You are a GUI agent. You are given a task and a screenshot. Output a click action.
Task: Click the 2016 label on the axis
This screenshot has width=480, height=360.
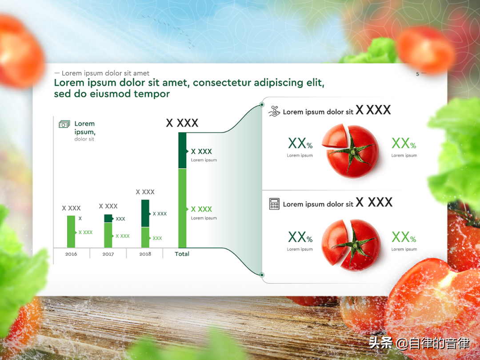71,254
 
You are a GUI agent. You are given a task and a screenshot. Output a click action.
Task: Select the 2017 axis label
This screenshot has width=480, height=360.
108,254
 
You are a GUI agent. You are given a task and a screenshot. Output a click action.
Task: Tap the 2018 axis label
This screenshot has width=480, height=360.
145,254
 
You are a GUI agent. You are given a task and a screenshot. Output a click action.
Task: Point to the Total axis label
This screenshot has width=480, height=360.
182,254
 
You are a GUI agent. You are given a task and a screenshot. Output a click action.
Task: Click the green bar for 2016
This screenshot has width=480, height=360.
71,232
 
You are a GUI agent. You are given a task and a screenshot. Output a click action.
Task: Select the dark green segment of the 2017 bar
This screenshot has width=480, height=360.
108,219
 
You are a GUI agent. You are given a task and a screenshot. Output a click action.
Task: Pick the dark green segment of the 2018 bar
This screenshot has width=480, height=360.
145,213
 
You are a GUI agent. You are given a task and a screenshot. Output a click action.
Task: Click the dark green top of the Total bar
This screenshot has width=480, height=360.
182,150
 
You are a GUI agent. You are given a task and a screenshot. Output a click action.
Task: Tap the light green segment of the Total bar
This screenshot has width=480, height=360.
182,208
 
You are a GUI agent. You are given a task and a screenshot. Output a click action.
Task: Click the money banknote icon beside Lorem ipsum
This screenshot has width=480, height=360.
64,124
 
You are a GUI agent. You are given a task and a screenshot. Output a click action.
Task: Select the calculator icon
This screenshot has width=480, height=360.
274,204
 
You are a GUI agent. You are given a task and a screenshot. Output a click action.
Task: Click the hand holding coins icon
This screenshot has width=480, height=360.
274,111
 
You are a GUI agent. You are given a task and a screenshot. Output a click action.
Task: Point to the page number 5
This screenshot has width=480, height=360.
417,74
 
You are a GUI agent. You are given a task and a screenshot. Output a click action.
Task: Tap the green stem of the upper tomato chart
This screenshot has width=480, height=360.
352,151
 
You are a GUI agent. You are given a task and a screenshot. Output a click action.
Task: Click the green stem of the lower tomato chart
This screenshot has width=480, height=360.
355,245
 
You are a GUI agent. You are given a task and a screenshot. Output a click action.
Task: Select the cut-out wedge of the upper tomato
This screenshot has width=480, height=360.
335,136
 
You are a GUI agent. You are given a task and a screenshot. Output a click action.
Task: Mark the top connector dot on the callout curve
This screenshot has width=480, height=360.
262,105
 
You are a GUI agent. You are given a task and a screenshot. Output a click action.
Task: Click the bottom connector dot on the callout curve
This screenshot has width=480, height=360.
262,275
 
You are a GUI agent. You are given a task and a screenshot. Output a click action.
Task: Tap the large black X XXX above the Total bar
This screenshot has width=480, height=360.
182,123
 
